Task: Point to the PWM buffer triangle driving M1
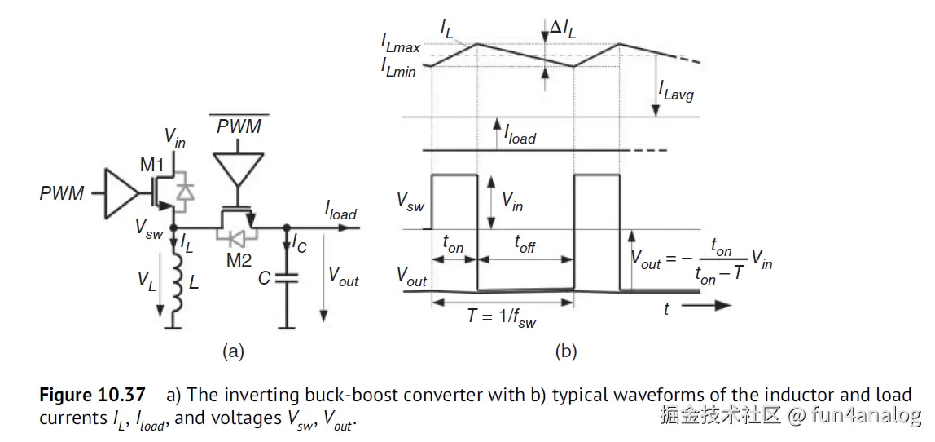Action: (x=119, y=194)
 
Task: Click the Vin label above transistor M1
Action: (x=174, y=137)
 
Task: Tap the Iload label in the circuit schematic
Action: (x=340, y=211)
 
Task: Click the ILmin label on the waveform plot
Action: (x=398, y=69)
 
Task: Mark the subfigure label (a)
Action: (x=233, y=351)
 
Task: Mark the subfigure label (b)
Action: (x=565, y=351)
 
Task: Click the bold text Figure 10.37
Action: (x=92, y=396)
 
